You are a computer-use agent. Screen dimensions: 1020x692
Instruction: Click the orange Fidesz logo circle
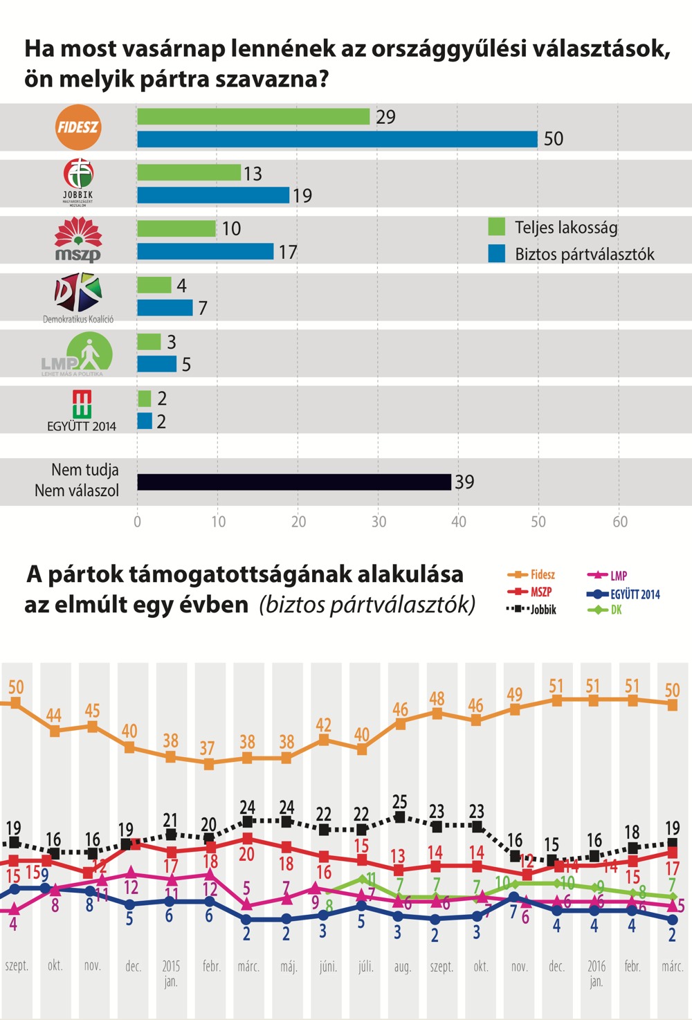pyautogui.click(x=78, y=127)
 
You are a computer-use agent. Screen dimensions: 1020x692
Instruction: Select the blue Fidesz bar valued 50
pyautogui.click(x=337, y=139)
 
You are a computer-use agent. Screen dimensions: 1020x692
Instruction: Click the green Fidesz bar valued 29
pyautogui.click(x=253, y=117)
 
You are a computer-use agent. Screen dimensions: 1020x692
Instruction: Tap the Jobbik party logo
pyautogui.click(x=78, y=181)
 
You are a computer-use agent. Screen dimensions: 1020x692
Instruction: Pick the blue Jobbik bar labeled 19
pyautogui.click(x=213, y=195)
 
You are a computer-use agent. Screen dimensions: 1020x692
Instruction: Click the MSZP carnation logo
pyautogui.click(x=78, y=239)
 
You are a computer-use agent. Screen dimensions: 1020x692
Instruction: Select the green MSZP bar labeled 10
pyautogui.click(x=176, y=228)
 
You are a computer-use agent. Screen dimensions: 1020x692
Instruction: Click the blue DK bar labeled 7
pyautogui.click(x=165, y=308)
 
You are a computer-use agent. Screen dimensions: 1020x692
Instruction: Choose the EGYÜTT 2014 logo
pyautogui.click(x=82, y=410)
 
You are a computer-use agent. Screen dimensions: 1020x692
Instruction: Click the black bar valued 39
pyautogui.click(x=294, y=482)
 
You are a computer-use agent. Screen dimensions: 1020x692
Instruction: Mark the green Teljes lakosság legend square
pyautogui.click(x=496, y=226)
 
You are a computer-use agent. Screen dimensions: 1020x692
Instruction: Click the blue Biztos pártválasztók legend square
pyautogui.click(x=496, y=253)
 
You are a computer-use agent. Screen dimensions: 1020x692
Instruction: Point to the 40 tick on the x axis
pyautogui.click(x=458, y=522)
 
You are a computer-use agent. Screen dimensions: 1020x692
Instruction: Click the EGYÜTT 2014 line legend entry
pyautogui.click(x=623, y=594)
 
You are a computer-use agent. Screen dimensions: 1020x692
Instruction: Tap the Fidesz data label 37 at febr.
pyautogui.click(x=207, y=748)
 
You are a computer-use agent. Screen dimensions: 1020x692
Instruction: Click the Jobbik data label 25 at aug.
pyautogui.click(x=399, y=802)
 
